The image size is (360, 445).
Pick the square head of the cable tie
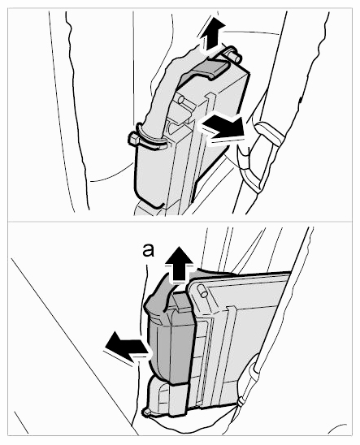coord(133,139)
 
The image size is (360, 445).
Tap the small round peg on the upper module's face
coord(182,100)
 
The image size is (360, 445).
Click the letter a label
coord(148,251)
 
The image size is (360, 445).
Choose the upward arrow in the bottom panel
coord(179,265)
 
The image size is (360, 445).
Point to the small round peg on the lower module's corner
coord(203,291)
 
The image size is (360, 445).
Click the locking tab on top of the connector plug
coord(180,302)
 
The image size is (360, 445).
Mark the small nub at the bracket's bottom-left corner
coord(147,412)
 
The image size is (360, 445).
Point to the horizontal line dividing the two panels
coord(180,221)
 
